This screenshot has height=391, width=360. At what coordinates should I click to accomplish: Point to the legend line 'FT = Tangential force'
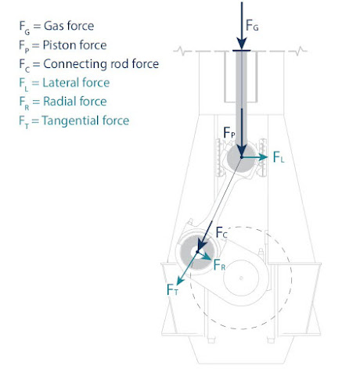[74, 120]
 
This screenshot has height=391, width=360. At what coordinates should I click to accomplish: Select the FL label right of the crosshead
[279, 158]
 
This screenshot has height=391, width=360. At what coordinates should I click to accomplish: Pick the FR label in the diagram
[220, 265]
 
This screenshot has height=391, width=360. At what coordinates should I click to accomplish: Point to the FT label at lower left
[174, 290]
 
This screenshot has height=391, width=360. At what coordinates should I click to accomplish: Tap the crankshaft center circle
[244, 275]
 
